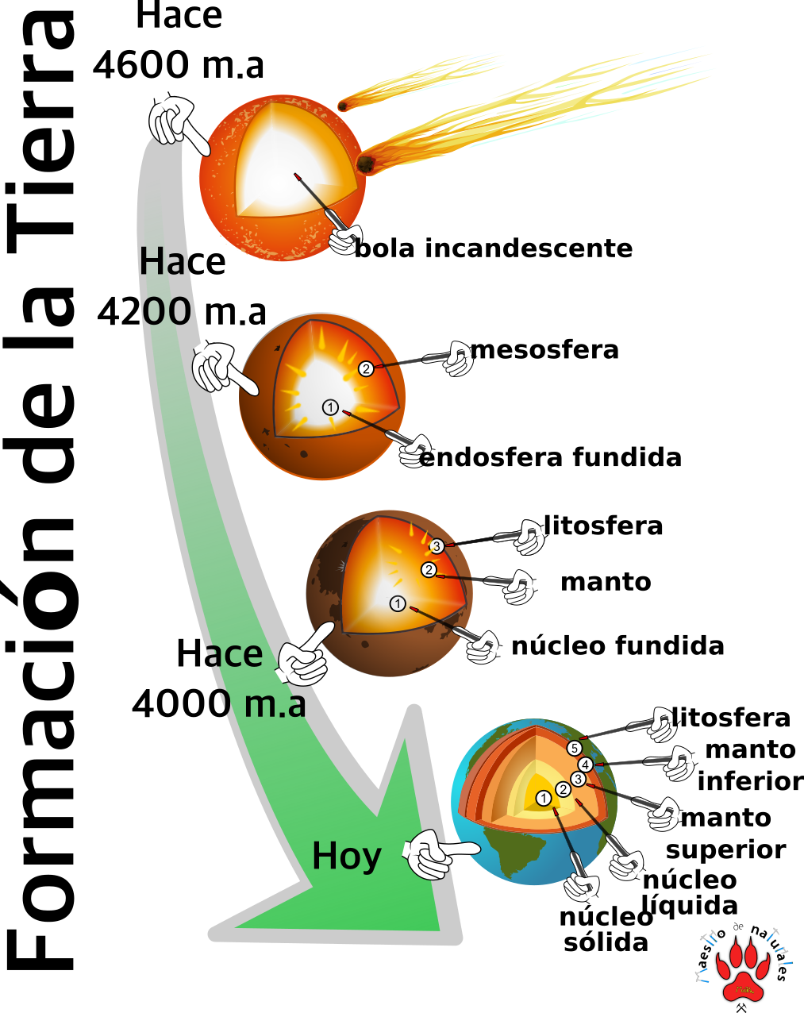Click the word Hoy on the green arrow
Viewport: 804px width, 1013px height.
347,856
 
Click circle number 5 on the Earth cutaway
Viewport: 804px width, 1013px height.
575,749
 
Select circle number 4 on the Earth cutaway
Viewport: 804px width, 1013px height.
586,765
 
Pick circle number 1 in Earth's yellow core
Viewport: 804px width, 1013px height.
544,799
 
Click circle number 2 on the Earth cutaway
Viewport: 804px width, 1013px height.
563,789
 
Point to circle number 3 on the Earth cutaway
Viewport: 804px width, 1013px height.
578,780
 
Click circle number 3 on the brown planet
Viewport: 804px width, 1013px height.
437,546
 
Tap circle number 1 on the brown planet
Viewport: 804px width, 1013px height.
398,604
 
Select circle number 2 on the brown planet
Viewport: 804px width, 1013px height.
429,570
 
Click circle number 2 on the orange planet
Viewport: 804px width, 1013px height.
366,368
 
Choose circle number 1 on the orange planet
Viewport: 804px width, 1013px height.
330,407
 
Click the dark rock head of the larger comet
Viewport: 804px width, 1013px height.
366,164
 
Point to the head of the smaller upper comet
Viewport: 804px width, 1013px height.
343,106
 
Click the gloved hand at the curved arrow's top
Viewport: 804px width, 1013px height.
172,121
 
